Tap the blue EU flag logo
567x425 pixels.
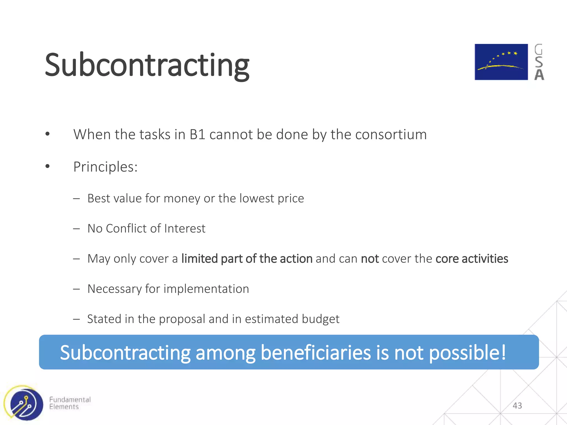pos(501,62)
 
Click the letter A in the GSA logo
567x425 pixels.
pos(539,75)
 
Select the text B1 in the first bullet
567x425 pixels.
pos(197,135)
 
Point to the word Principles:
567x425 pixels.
pos(105,167)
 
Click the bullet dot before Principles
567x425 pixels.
pos(48,166)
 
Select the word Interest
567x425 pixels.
pos(185,229)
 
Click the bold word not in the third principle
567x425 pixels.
pos(370,259)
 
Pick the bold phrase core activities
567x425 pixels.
pos(471,259)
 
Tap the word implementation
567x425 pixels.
pos(206,289)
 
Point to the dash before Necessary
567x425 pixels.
pos(76,289)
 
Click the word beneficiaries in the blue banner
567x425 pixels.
pos(315,353)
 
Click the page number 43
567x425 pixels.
pos(517,406)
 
